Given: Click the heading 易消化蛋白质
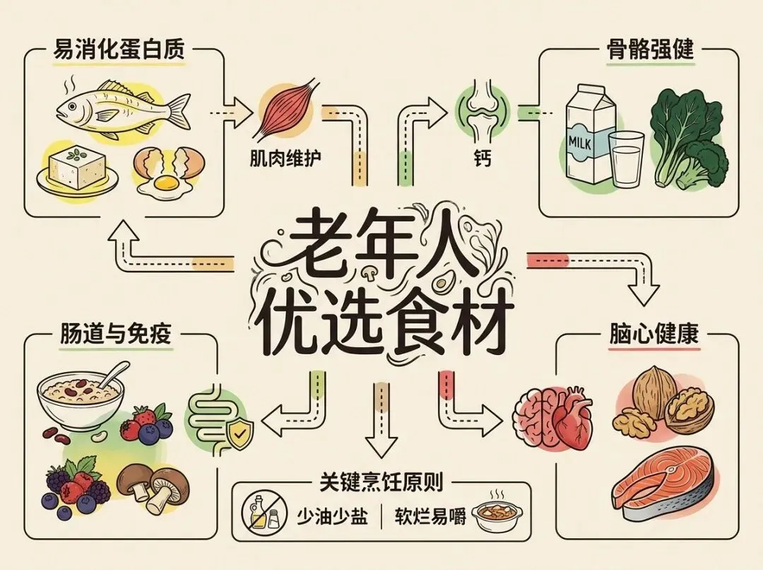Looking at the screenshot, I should tap(119, 51).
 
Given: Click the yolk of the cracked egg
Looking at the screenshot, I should tap(167, 183).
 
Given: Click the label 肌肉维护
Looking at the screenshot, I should tap(285, 157).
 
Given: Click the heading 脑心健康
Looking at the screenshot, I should tap(653, 335).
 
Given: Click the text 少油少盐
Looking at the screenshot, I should tap(332, 516).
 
